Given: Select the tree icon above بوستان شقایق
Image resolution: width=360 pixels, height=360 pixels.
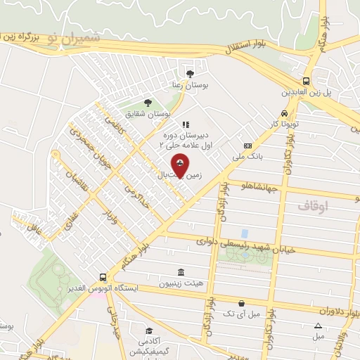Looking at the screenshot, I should click(x=148, y=103).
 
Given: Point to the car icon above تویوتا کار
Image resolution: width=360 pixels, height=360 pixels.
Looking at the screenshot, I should click(x=283, y=114).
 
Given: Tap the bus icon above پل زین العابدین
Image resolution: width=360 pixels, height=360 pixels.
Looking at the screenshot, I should click(x=307, y=81).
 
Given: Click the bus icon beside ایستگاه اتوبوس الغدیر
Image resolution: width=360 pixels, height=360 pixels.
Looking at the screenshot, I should click(x=103, y=277).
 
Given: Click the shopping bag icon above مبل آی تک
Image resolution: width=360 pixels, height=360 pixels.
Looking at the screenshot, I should click(x=241, y=304).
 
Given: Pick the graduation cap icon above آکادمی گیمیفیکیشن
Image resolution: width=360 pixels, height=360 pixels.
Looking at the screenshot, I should click(x=149, y=330).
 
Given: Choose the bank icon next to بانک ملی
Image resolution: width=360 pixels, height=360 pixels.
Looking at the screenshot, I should click(x=247, y=146).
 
